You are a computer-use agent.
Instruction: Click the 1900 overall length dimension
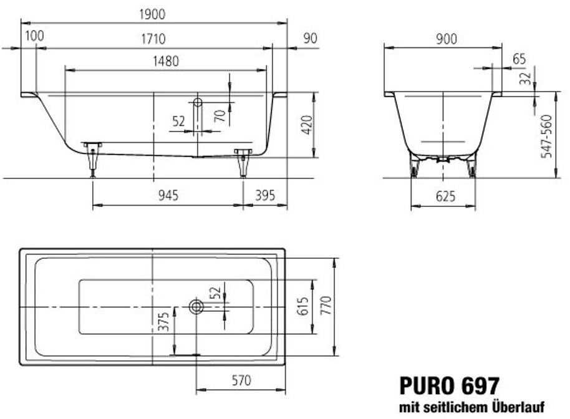(152, 14)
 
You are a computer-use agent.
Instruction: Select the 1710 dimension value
(153, 39)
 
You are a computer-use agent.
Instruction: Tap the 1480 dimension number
(166, 61)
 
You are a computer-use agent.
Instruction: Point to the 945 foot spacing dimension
(168, 196)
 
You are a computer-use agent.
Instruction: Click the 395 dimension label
(265, 196)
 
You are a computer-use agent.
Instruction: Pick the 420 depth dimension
(307, 125)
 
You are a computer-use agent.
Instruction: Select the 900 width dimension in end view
(446, 39)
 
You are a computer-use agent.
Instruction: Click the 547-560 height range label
(546, 137)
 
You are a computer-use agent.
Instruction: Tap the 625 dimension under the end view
(445, 196)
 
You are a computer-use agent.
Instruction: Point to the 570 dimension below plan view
(241, 380)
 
